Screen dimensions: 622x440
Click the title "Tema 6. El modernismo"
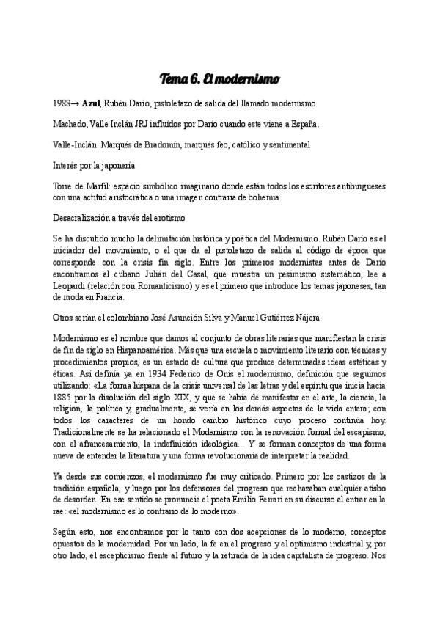[x=220, y=78]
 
